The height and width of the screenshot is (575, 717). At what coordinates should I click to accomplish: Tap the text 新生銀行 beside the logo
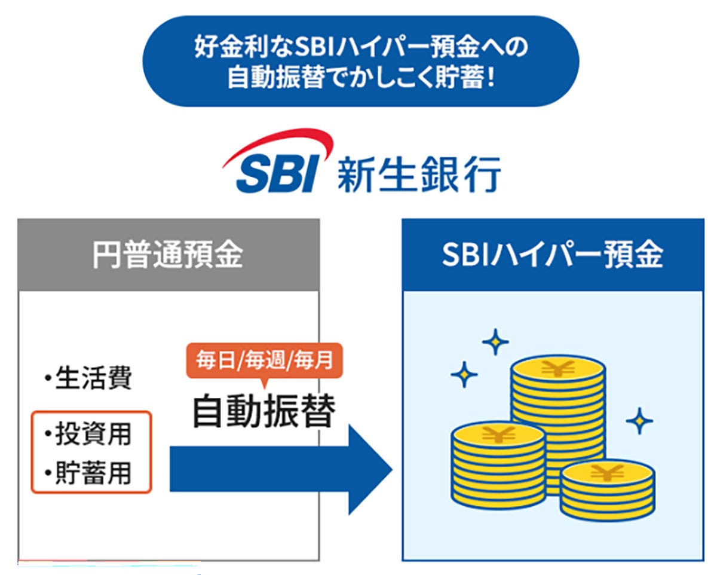pos(418,173)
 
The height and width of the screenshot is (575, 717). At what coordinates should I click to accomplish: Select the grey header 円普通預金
pos(168,255)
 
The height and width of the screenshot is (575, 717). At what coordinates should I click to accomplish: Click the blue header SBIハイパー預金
pos(552,255)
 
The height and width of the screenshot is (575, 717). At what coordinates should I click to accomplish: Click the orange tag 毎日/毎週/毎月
pos(263,362)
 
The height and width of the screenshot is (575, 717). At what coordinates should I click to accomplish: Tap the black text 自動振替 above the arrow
pos(263,411)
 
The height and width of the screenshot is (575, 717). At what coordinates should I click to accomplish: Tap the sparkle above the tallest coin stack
pos(495,342)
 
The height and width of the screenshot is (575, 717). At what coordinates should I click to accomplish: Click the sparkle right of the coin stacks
pos(639,421)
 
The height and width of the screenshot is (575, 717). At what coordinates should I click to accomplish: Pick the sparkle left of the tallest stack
pos(464,375)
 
